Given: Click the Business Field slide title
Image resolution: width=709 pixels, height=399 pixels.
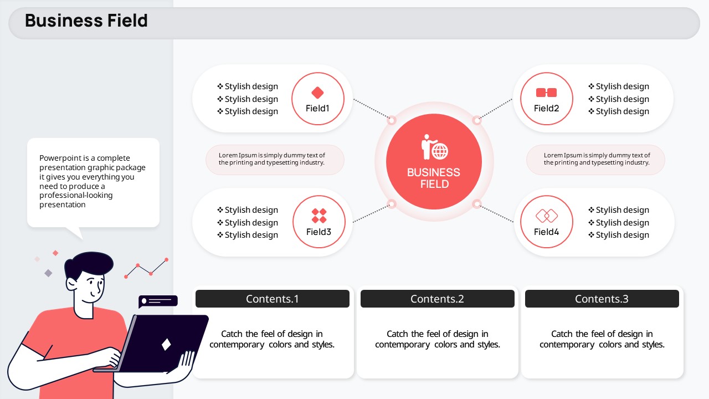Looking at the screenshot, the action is tap(86, 21).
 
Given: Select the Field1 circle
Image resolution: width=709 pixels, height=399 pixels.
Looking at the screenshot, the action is tap(318, 74).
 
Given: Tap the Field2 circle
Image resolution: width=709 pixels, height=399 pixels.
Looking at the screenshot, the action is tap(546, 74).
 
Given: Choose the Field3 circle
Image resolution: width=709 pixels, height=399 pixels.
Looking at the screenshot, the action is tap(318, 196).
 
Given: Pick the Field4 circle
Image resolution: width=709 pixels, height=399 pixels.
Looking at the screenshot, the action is tap(546, 196).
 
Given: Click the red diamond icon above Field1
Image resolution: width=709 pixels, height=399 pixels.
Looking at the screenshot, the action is tap(317, 93).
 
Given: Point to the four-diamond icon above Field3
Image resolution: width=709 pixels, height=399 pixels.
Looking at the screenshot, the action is tap(318, 216).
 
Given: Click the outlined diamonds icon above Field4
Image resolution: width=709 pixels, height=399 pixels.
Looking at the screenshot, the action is tap(547, 216).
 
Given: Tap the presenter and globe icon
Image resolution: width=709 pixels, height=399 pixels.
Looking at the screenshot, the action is tap(435, 147).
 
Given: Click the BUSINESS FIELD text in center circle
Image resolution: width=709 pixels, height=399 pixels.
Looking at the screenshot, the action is tap(434, 178).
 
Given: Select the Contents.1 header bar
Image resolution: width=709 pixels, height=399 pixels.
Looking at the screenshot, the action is tap(272, 299).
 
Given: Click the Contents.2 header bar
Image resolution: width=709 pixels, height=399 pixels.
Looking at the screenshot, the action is tap(438, 299).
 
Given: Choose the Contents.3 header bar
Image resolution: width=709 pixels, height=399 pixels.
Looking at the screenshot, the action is tap(602, 299).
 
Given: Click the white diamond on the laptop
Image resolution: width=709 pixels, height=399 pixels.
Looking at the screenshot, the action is tap(166, 345).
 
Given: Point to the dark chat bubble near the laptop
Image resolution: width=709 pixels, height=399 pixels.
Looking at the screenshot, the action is tap(158, 301).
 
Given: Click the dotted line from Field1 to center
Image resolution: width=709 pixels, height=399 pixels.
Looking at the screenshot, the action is tap(372, 109).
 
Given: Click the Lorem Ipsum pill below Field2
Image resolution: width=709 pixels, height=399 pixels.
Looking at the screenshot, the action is tap(595, 160).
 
